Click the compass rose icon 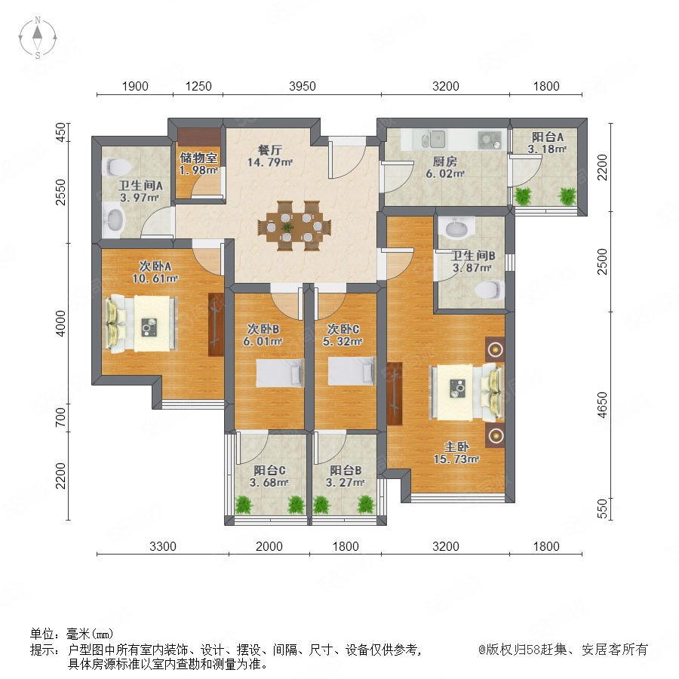38,38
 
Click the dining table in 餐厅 294,226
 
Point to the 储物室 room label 198,158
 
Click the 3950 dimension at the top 303,86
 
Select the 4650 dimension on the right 602,405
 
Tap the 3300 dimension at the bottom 163,546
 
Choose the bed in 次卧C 351,371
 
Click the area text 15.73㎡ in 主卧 456,459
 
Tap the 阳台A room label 548,137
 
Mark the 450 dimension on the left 61,132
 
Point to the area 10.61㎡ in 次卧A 155,278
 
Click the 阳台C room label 269,470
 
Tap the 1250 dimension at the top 198,86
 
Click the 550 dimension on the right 602,508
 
